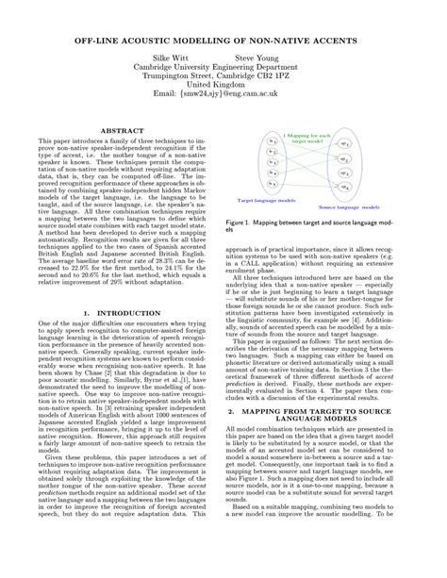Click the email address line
[223, 96]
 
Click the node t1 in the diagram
[271, 140]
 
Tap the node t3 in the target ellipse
[271, 163]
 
